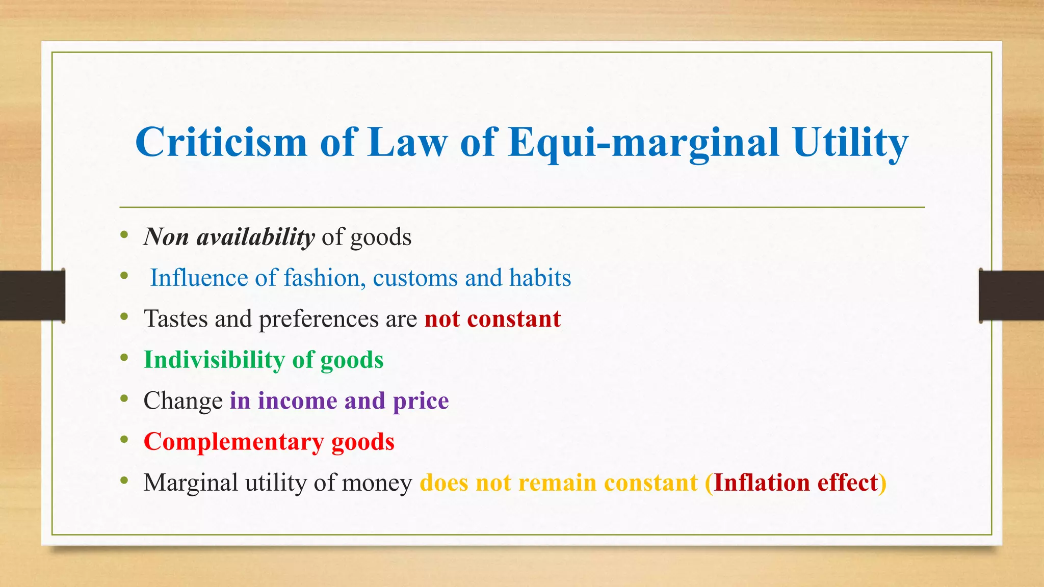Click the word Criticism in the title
tap(221, 142)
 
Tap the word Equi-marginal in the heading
tap(643, 142)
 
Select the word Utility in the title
tap(850, 142)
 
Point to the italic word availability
tap(255, 237)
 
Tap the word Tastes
tap(176, 319)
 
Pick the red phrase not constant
tap(492, 319)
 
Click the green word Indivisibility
tap(214, 360)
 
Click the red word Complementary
tap(233, 442)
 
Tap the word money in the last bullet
tap(377, 483)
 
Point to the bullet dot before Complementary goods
tap(124, 439)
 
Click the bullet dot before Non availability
tap(124, 234)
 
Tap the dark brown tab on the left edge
tap(32, 296)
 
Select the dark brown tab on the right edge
tap(1011, 296)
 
